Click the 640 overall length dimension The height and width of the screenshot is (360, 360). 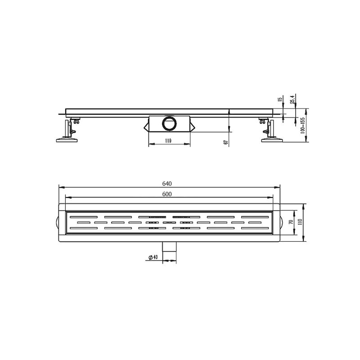click(167, 184)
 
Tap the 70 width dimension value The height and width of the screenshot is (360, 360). click(292, 222)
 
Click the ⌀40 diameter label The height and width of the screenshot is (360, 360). click(153, 257)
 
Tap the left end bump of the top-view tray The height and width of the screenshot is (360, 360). click(57, 222)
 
